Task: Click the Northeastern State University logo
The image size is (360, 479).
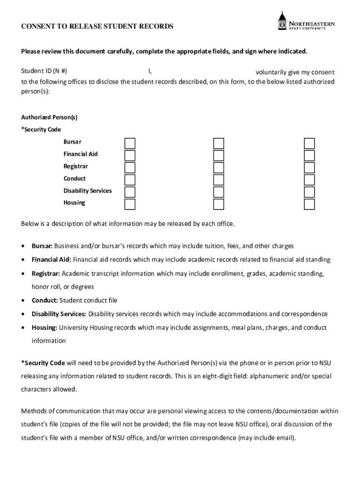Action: pyautogui.click(x=306, y=22)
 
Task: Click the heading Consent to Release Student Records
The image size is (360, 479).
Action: pyautogui.click(x=97, y=27)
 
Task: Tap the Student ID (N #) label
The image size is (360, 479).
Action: pyautogui.click(x=44, y=72)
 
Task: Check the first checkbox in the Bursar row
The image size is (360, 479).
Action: pyautogui.click(x=130, y=143)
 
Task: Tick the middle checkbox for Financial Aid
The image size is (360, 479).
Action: pyautogui.click(x=219, y=155)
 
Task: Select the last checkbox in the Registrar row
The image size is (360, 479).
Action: pyautogui.click(x=310, y=167)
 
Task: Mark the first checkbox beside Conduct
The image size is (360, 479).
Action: pyautogui.click(x=130, y=180)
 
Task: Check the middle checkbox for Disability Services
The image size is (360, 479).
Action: pyautogui.click(x=219, y=192)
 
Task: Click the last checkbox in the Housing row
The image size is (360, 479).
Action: pyautogui.click(x=310, y=204)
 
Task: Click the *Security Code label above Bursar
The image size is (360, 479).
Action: pyautogui.click(x=41, y=130)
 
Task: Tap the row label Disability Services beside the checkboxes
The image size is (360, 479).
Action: pyautogui.click(x=87, y=191)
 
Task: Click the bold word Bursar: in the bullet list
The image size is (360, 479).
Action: pyautogui.click(x=42, y=246)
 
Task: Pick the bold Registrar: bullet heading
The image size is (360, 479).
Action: pyautogui.click(x=46, y=273)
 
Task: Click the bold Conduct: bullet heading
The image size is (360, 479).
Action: pyautogui.click(x=44, y=300)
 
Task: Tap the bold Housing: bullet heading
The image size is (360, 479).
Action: pyautogui.click(x=44, y=327)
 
